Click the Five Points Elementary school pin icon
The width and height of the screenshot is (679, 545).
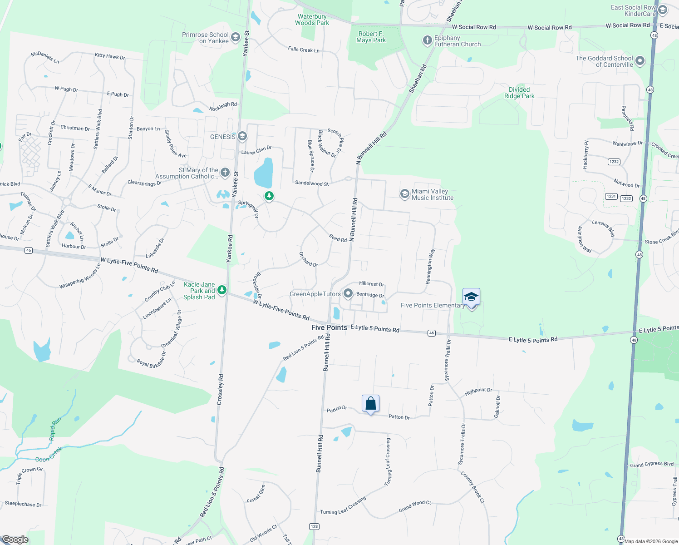(471, 297)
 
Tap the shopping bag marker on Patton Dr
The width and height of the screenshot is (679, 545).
(370, 403)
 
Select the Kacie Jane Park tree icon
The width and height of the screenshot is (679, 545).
(222, 289)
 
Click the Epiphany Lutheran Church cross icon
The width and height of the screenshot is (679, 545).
(427, 40)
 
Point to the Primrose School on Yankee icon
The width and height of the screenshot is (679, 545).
(235, 37)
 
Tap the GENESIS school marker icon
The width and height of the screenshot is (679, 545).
(242, 136)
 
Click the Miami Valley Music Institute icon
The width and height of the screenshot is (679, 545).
(404, 194)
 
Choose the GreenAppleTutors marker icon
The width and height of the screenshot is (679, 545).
(348, 294)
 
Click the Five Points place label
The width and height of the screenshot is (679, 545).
(329, 327)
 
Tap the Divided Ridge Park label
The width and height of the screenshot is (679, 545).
(519, 93)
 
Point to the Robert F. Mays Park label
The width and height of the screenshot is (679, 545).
(371, 37)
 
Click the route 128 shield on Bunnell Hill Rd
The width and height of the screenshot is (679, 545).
(314, 526)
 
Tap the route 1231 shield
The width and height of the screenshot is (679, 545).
(611, 196)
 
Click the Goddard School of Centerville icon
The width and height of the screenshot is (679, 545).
(640, 61)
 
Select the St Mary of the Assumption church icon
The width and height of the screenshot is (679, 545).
(225, 172)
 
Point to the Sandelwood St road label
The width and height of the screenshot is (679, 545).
(312, 183)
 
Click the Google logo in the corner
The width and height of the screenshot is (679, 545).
(15, 540)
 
